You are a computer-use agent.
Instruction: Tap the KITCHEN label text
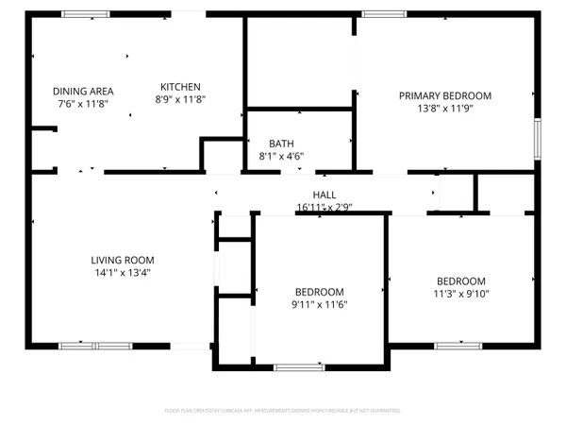[180, 86]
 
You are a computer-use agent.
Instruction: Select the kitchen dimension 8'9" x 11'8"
[180, 98]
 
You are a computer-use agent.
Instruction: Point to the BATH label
[281, 144]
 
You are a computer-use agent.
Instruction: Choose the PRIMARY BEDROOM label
[445, 95]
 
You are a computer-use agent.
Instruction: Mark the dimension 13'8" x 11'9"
[445, 108]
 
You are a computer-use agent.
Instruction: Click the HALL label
[311, 194]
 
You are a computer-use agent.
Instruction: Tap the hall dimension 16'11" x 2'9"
[325, 206]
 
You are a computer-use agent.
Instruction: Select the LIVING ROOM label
[123, 260]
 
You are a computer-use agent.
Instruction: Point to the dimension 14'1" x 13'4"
[123, 272]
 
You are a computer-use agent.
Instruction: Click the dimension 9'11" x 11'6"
[319, 304]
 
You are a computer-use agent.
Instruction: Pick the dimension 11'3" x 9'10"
[460, 293]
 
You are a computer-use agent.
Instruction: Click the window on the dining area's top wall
[86, 13]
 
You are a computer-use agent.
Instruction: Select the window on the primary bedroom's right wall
[539, 138]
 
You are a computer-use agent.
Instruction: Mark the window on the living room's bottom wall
[95, 345]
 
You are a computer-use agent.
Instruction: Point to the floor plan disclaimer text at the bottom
[283, 411]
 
